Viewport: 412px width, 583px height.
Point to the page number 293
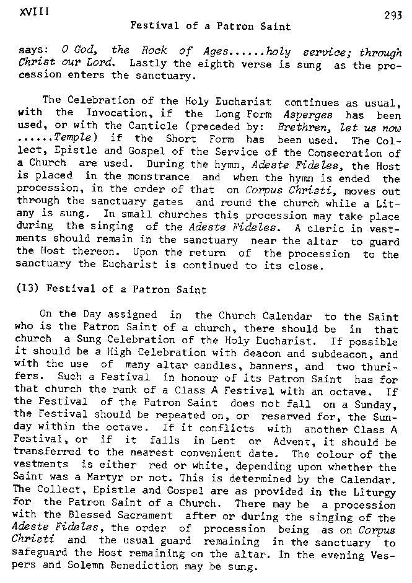[x=393, y=17]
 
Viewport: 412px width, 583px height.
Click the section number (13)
[x=30, y=288]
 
